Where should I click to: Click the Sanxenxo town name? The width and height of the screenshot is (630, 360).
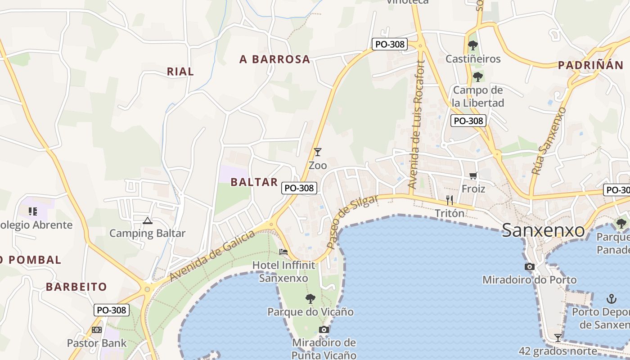pyautogui.click(x=543, y=230)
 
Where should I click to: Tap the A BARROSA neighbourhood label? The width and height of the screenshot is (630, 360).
pyautogui.click(x=275, y=59)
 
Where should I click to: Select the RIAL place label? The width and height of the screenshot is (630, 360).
pyautogui.click(x=180, y=71)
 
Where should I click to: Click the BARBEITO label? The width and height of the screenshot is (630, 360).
pyautogui.click(x=76, y=287)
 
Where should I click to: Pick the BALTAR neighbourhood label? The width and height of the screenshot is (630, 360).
pyautogui.click(x=254, y=182)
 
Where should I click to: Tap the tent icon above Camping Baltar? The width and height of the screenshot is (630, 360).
pyautogui.click(x=147, y=220)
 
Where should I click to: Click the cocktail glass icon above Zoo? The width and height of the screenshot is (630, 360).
pyautogui.click(x=318, y=152)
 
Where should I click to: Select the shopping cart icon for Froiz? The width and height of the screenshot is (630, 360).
pyautogui.click(x=473, y=176)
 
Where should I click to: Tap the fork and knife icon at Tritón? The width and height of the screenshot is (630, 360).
pyautogui.click(x=450, y=200)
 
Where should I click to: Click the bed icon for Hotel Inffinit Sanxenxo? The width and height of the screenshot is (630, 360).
pyautogui.click(x=283, y=252)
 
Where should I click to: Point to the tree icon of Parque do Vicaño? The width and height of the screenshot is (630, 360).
pyautogui.click(x=310, y=298)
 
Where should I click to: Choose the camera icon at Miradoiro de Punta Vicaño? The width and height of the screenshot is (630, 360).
pyautogui.click(x=324, y=329)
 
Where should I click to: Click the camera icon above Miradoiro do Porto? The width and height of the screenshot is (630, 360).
pyautogui.click(x=529, y=266)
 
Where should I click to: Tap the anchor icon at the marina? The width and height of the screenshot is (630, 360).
pyautogui.click(x=611, y=298)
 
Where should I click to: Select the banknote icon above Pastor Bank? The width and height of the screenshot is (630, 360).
pyautogui.click(x=97, y=330)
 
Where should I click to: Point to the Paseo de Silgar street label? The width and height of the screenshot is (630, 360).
pyautogui.click(x=353, y=222)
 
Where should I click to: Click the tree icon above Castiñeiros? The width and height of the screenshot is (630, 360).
pyautogui.click(x=472, y=45)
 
